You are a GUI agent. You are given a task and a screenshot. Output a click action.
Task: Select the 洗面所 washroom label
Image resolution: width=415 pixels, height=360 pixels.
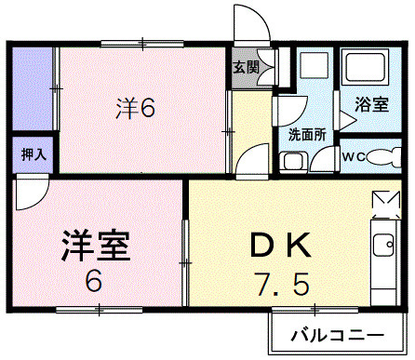[x=307, y=133]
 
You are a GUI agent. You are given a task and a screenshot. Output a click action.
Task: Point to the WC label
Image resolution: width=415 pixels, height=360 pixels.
[x=355, y=155]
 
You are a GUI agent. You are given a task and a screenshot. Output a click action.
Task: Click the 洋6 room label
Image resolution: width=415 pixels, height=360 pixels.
[x=136, y=108]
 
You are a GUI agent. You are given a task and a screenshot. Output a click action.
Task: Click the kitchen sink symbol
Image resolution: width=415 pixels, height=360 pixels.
[x=382, y=247]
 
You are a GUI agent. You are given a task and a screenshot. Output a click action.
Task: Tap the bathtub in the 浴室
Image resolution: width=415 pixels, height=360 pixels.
[x=367, y=68]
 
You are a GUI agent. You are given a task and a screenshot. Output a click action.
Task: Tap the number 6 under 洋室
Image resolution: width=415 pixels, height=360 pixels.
[x=95, y=282]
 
